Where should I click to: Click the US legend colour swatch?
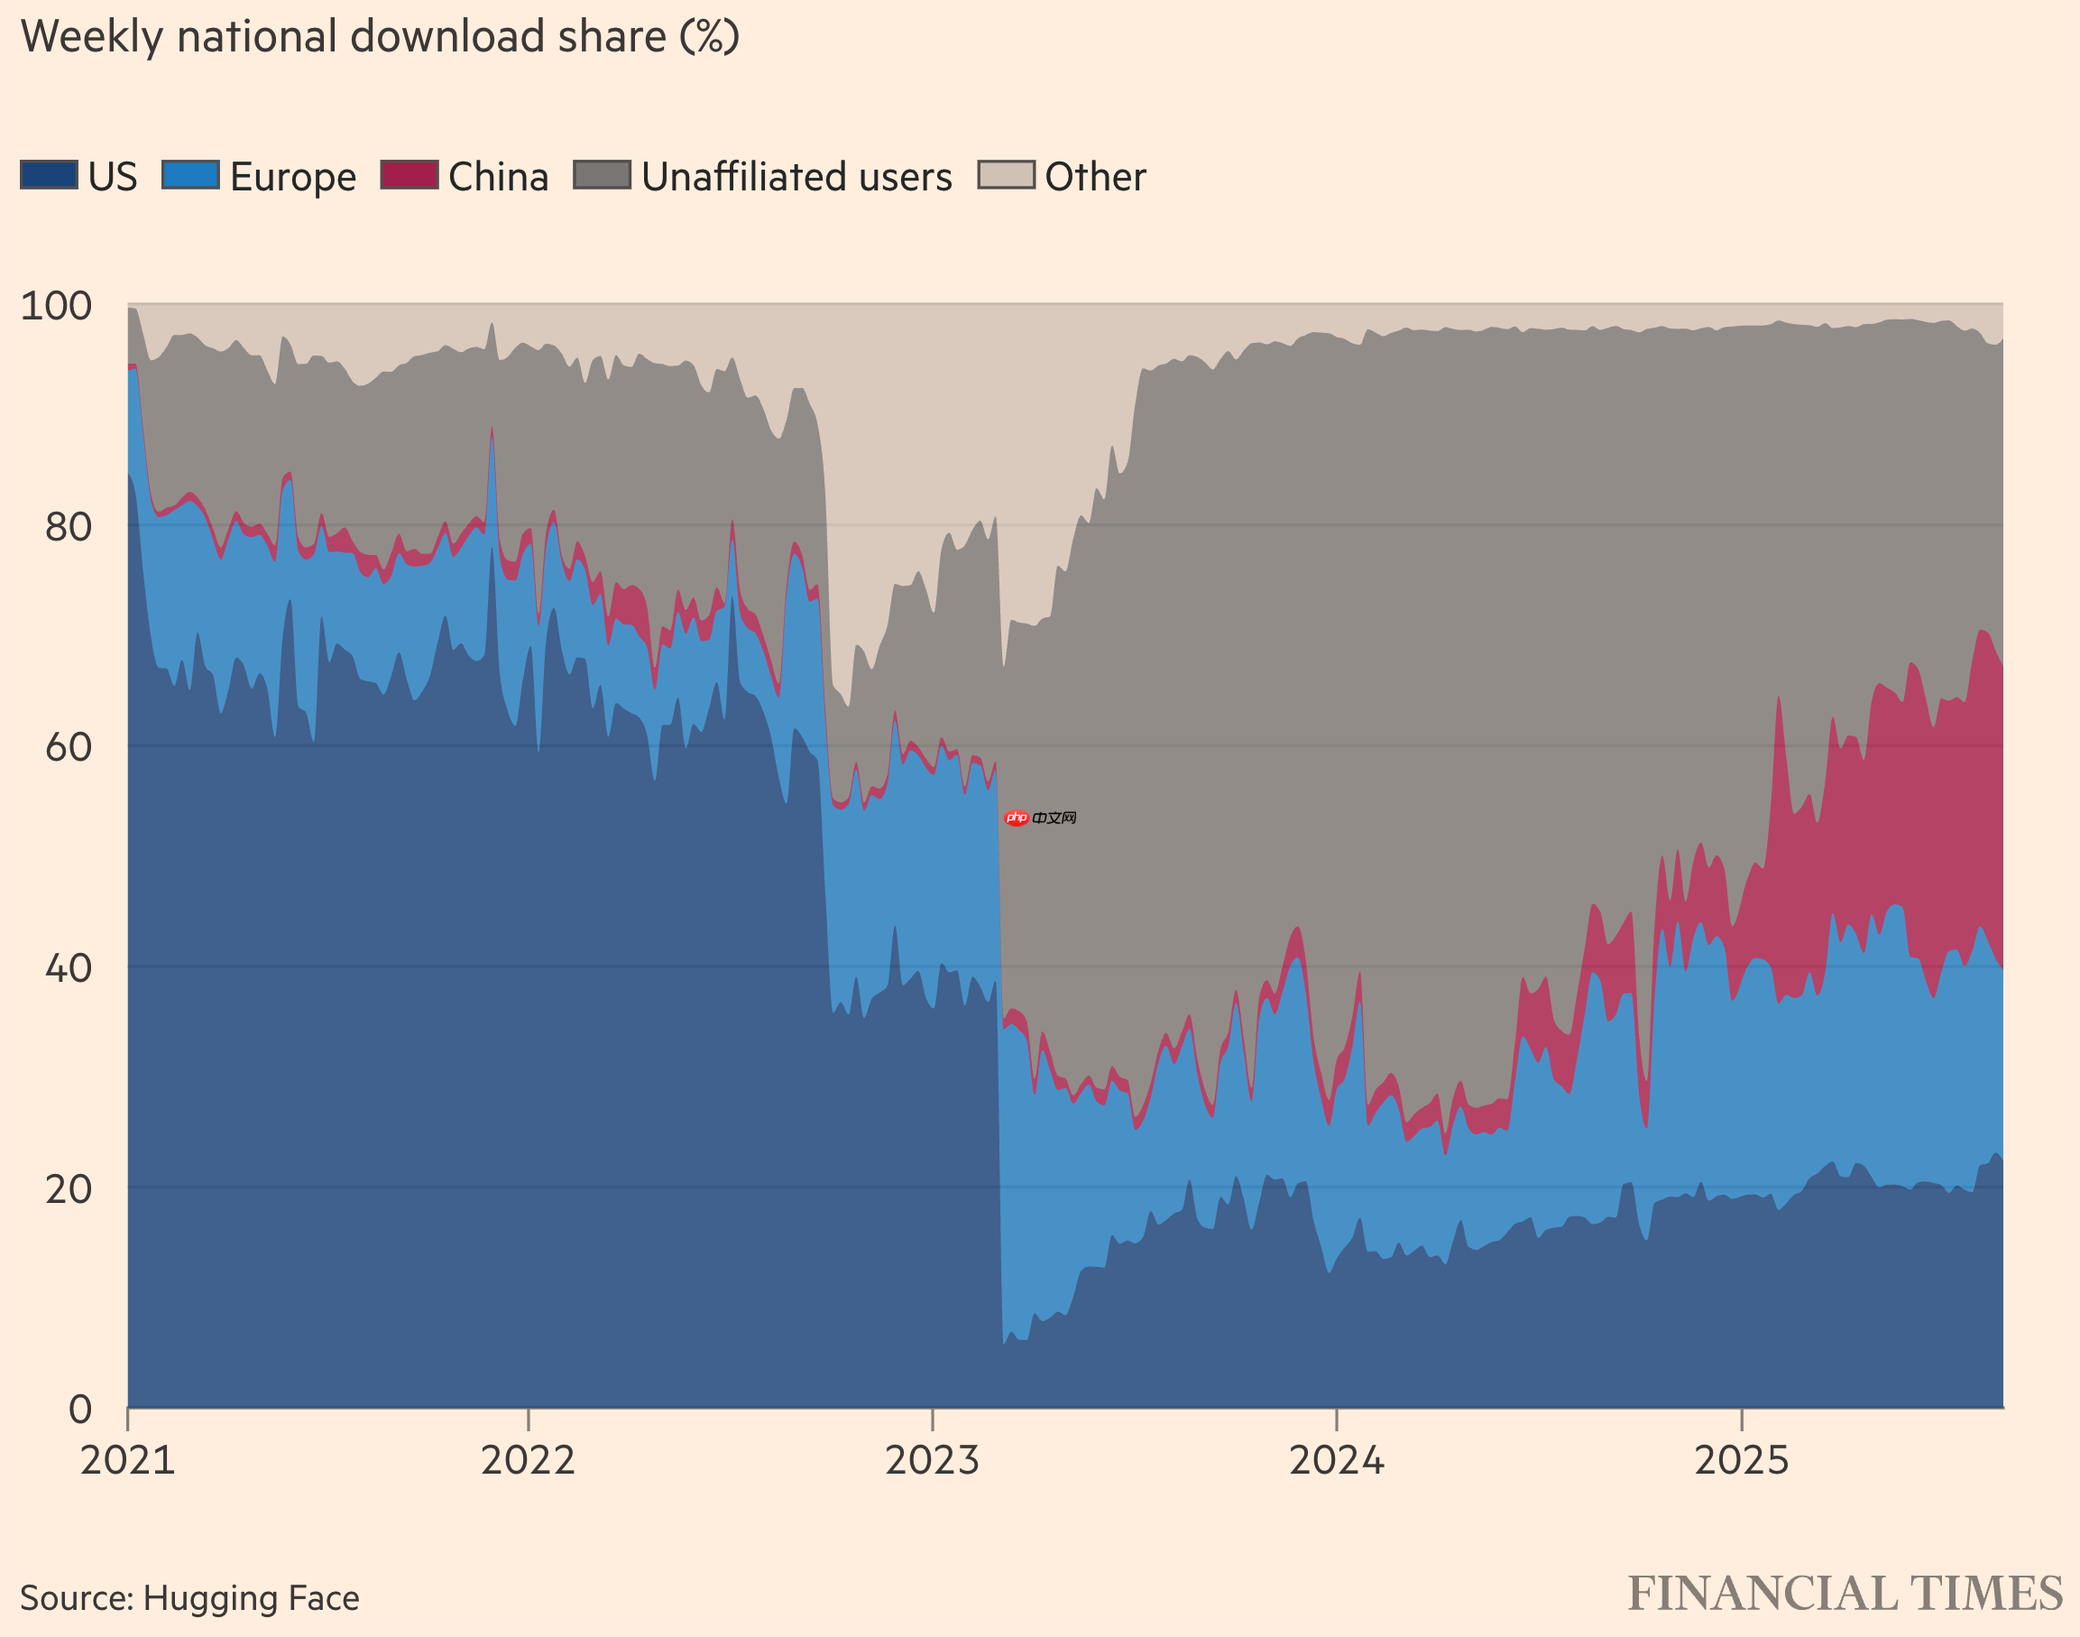pos(49,175)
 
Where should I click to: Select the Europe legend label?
pos(292,177)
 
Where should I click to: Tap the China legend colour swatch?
pos(410,175)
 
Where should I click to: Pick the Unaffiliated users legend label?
pos(796,177)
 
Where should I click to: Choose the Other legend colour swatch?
pos(1006,175)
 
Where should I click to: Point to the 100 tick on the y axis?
pos(57,306)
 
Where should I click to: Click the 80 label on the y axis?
pos(68,526)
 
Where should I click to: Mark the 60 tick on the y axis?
pos(68,746)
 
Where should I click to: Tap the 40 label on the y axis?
pos(68,968)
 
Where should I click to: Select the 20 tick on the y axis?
pos(68,1188)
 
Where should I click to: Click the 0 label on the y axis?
pos(80,1409)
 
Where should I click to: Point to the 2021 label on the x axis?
pos(127,1461)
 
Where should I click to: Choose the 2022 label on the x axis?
pos(528,1461)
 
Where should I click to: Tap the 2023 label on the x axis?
pos(933,1461)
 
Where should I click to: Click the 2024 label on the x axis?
pos(1337,1461)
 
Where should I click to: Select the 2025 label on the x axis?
pos(1741,1461)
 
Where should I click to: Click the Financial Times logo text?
pos(1845,1594)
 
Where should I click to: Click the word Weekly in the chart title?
pos(92,37)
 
